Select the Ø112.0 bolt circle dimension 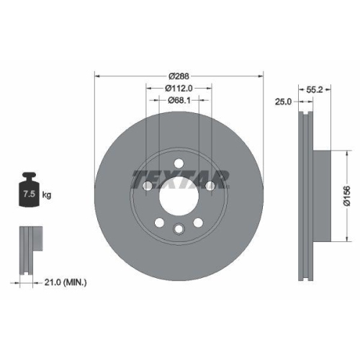179,89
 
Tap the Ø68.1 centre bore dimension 179,100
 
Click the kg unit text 47,195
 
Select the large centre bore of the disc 178,193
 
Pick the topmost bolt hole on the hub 178,161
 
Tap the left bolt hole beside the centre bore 147,186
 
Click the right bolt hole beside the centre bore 210,186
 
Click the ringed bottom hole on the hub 178,229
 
